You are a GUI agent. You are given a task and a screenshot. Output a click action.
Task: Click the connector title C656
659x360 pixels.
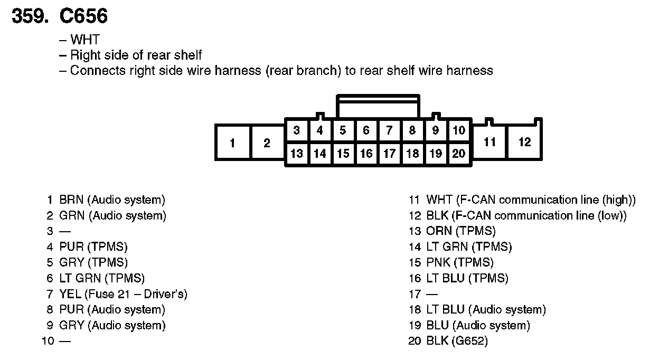click(x=83, y=17)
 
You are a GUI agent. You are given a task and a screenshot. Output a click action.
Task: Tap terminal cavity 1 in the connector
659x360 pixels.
click(x=232, y=143)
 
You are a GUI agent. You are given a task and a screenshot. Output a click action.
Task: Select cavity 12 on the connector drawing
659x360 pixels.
click(x=524, y=142)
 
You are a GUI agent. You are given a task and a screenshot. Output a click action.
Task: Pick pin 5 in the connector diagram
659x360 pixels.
click(x=343, y=130)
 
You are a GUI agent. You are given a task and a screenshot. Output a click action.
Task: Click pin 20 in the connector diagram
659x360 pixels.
click(x=459, y=154)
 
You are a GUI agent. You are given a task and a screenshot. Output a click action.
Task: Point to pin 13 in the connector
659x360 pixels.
click(x=297, y=154)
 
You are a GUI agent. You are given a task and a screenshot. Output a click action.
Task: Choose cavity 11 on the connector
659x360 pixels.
click(x=489, y=142)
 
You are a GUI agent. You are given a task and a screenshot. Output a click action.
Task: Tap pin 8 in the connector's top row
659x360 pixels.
click(x=412, y=130)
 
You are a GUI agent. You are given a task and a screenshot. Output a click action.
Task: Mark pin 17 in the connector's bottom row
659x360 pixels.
click(x=389, y=154)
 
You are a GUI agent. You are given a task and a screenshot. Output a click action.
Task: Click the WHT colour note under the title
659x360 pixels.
click(x=84, y=40)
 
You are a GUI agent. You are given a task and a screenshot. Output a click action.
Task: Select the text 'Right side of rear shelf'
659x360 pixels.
click(x=136, y=55)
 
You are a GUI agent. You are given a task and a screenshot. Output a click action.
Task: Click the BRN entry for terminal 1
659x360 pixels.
click(x=112, y=200)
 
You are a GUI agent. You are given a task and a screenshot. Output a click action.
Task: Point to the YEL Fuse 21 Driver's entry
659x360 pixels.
click(x=123, y=294)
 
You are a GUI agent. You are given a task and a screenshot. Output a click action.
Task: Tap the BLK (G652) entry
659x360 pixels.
click(x=457, y=341)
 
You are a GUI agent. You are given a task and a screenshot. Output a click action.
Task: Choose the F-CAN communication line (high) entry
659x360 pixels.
click(x=531, y=200)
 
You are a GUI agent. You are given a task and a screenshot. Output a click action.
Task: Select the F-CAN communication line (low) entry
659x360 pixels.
click(x=526, y=216)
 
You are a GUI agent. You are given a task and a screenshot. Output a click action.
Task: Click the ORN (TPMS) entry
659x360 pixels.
click(x=460, y=231)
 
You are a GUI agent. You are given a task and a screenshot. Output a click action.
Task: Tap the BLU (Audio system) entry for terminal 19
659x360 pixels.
click(x=478, y=326)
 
